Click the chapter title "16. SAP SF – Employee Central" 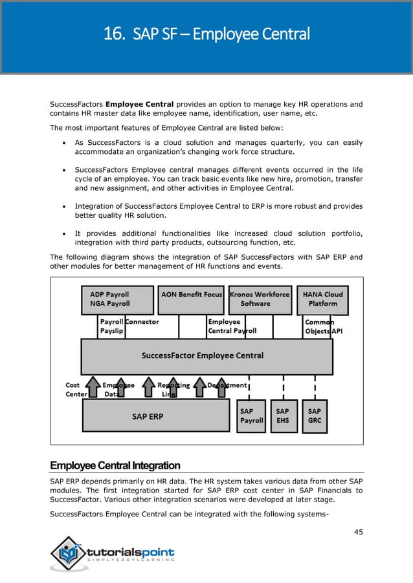(206, 34)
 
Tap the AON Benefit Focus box (192, 299)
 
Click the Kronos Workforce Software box (259, 299)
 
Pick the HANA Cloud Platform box (322, 299)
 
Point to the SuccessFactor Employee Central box (206, 356)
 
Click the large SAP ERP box (155, 416)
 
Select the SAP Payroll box (251, 416)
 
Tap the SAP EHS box (283, 416)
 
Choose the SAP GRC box (315, 416)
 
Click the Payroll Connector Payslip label (129, 326)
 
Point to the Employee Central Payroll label (232, 326)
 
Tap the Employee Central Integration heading (115, 465)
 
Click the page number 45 (358, 532)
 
